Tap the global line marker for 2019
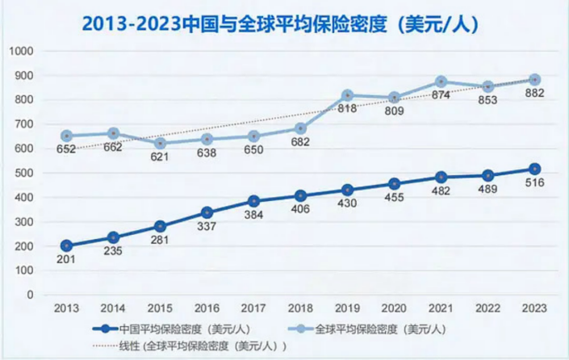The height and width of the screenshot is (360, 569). [347, 95]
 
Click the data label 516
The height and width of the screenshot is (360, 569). [535, 183]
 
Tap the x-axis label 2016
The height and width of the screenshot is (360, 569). [207, 308]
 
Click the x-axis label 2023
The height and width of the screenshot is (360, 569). [535, 308]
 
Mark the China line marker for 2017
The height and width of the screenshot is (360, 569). [253, 201]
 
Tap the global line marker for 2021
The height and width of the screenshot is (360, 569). [441, 82]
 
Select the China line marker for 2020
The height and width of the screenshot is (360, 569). [394, 183]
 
